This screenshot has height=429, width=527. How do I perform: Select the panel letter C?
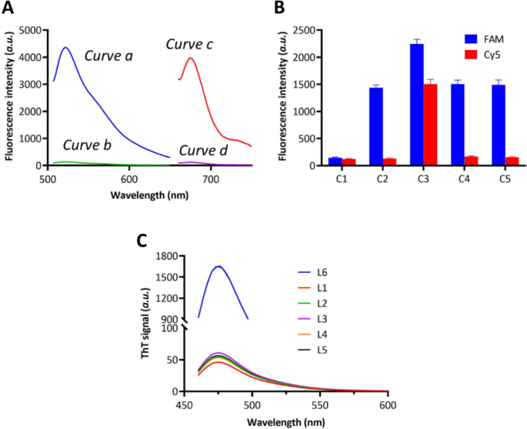(x=142, y=240)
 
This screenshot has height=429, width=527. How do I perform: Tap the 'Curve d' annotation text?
(x=203, y=149)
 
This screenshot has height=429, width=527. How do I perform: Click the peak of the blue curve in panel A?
(x=66, y=48)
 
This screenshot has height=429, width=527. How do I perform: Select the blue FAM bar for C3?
(x=417, y=105)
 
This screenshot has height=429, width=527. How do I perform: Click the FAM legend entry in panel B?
(x=489, y=37)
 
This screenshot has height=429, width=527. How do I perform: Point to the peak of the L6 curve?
(x=218, y=266)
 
